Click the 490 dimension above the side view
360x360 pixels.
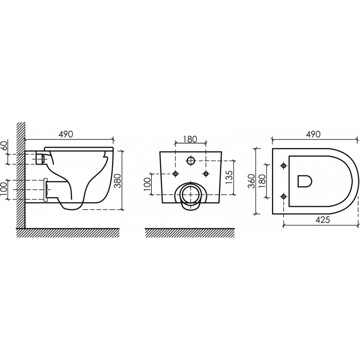pos(65,134)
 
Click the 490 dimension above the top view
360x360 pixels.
pos(313,134)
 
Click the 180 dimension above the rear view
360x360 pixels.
pos(190,139)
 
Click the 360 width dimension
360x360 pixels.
pos(253,181)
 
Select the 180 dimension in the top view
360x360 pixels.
pos(262,181)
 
